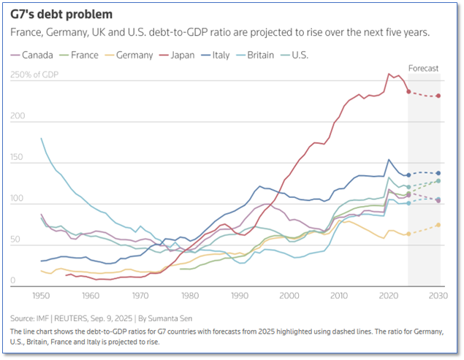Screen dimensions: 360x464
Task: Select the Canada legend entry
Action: (37, 55)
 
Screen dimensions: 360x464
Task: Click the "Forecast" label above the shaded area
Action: (423, 69)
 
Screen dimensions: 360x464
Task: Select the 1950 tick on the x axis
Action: (41, 296)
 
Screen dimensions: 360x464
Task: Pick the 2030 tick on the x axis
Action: (438, 296)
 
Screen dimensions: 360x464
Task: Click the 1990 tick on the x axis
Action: (240, 296)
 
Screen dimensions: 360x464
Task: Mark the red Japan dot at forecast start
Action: (408, 91)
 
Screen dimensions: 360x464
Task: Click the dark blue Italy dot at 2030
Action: (438, 173)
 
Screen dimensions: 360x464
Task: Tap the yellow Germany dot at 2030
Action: (438, 225)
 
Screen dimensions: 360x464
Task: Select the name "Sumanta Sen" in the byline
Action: (187, 318)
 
